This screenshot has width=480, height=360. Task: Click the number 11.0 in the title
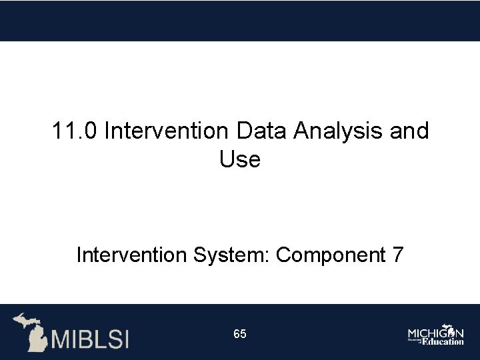pyautogui.click(x=75, y=131)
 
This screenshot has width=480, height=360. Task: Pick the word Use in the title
pyautogui.click(x=239, y=160)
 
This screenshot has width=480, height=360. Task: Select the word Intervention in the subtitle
pyautogui.click(x=131, y=255)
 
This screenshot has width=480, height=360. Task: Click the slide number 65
pyautogui.click(x=240, y=334)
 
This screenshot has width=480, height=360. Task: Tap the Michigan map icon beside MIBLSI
pyautogui.click(x=31, y=331)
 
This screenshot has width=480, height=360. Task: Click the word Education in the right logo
pyautogui.click(x=443, y=341)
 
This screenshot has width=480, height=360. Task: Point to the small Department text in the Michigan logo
pyautogui.click(x=414, y=340)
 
